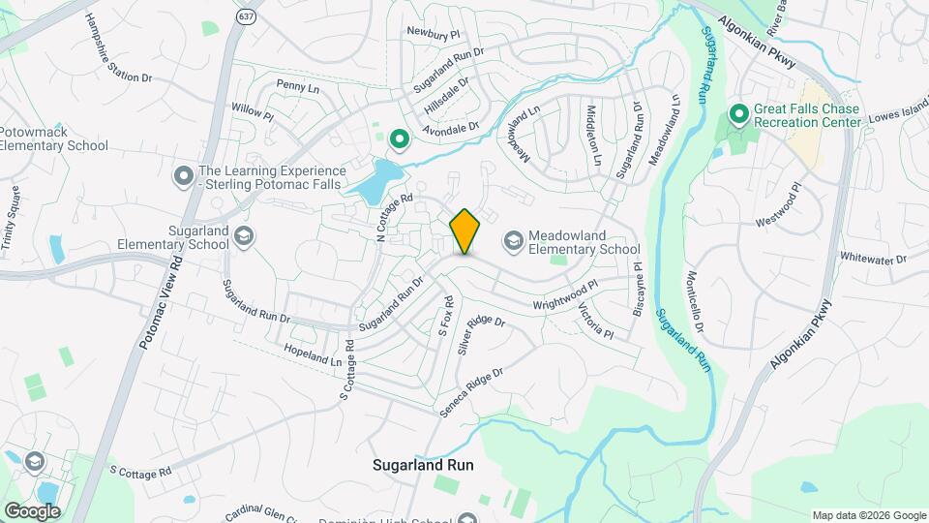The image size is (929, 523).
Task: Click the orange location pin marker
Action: click(465, 231)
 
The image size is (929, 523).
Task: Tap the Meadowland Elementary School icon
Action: click(513, 239)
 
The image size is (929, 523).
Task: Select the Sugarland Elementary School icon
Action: click(245, 236)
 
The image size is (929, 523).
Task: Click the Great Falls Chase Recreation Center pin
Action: click(739, 115)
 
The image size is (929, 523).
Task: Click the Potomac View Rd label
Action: click(160, 303)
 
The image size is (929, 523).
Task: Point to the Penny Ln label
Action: click(297, 87)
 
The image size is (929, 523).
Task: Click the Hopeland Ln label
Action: click(313, 354)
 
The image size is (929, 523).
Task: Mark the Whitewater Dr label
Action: click(873, 259)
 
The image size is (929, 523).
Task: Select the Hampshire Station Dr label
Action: click(119, 47)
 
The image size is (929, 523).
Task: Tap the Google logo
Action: click(32, 510)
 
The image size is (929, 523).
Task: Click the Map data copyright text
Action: click(867, 514)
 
